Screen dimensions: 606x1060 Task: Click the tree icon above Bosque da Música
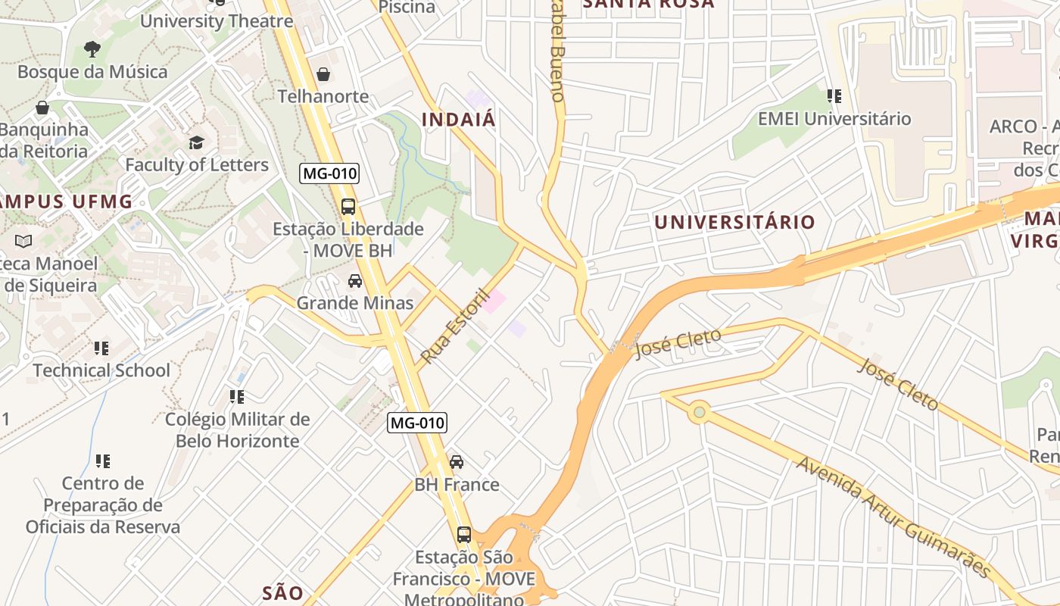tap(92, 50)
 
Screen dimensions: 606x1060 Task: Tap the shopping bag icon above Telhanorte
tap(323, 74)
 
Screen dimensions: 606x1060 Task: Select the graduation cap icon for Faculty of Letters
tap(196, 142)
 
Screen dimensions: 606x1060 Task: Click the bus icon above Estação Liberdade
tap(348, 206)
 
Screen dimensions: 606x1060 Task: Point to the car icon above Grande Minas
tap(354, 281)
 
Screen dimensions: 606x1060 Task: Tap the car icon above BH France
tap(457, 462)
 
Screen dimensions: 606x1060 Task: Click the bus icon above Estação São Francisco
tap(464, 535)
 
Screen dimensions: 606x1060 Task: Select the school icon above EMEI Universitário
tap(834, 96)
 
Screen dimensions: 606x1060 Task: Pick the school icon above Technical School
tap(101, 348)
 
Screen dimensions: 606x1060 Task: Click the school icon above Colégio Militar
tap(237, 397)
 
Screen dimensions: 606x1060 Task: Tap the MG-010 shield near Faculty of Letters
tap(329, 173)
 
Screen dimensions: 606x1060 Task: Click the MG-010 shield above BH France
tap(416, 423)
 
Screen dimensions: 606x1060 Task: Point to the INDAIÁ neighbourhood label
tap(458, 120)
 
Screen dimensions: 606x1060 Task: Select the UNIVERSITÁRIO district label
tap(734, 222)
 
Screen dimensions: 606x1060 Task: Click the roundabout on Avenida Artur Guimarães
tap(699, 412)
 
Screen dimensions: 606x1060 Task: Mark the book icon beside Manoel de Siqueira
tap(23, 242)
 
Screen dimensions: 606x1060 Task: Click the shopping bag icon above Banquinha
tap(42, 108)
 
